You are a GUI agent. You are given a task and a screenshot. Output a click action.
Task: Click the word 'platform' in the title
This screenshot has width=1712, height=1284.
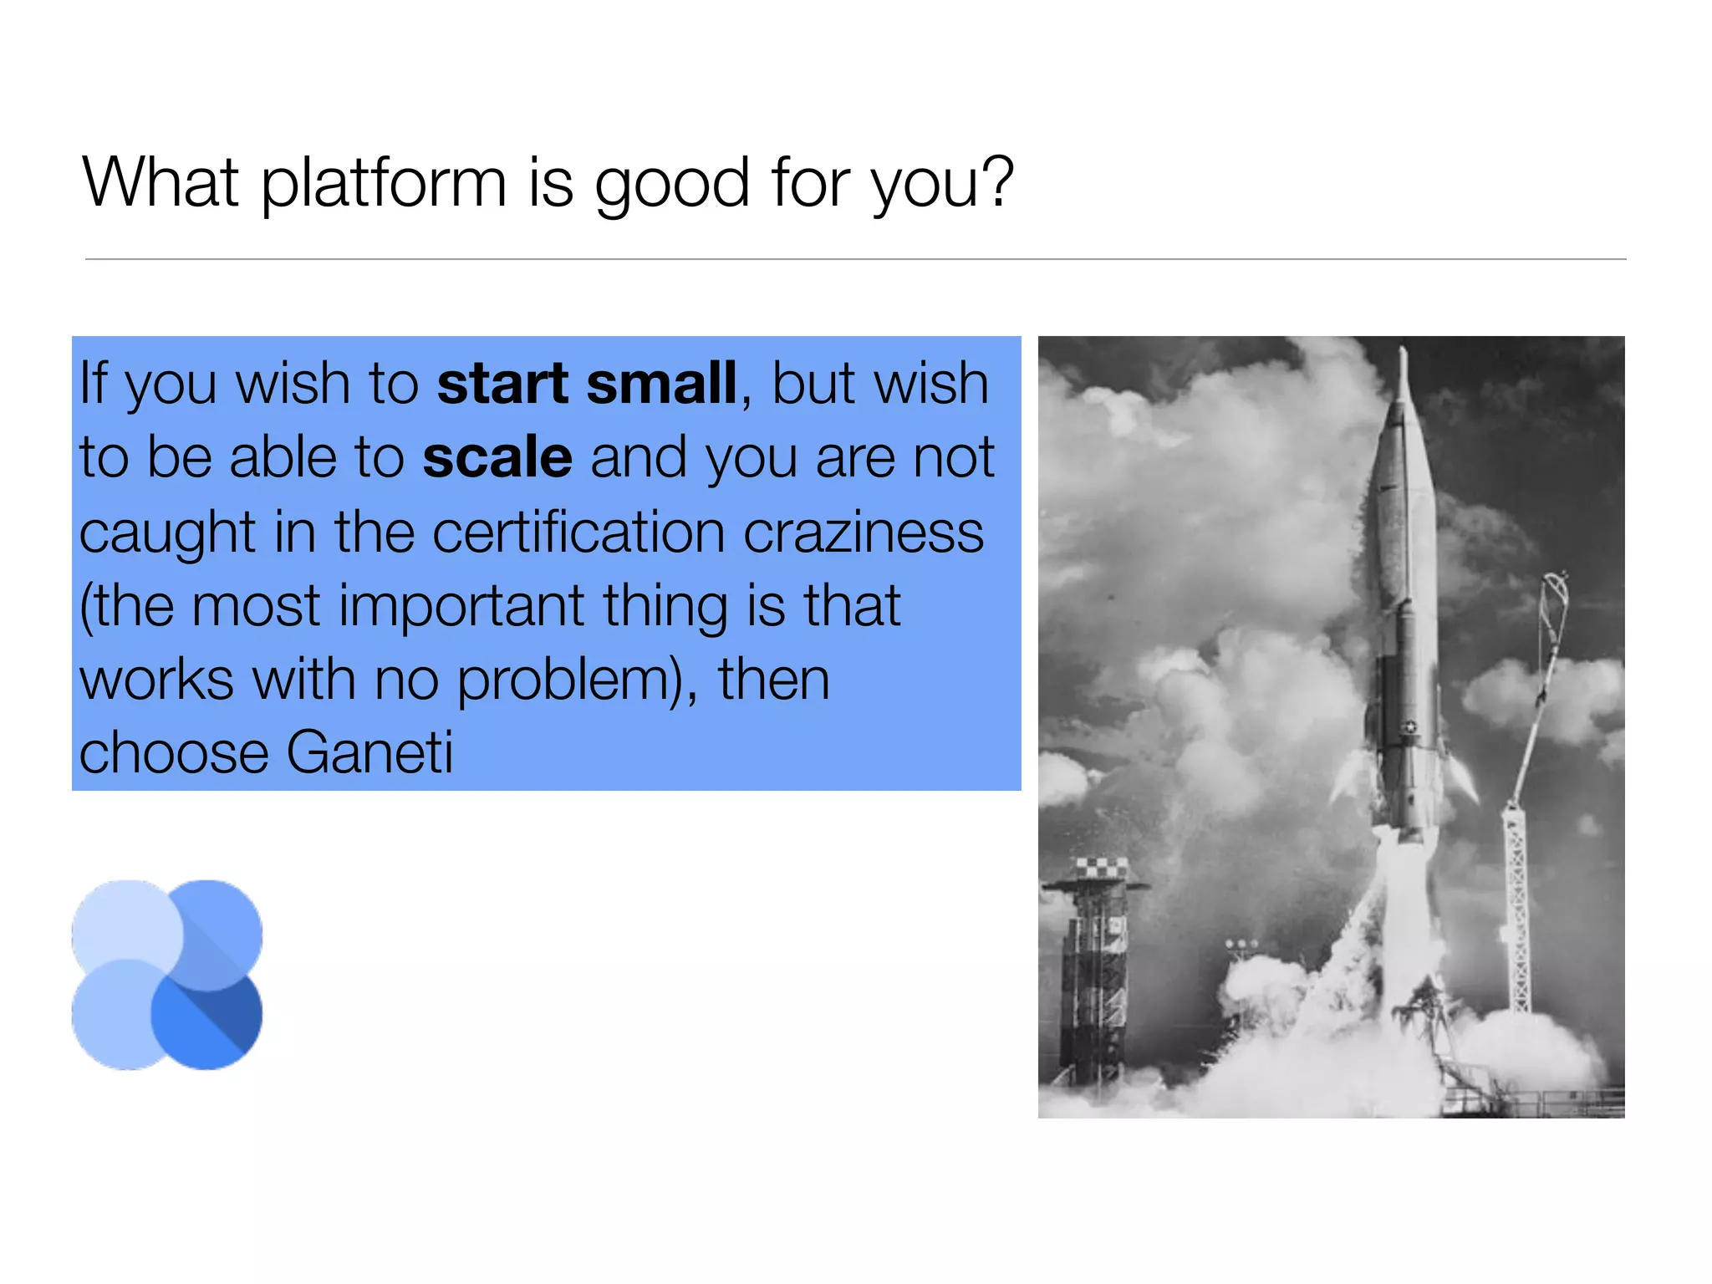tap(384, 184)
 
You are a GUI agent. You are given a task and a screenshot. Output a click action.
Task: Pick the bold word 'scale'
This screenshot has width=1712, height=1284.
tap(497, 457)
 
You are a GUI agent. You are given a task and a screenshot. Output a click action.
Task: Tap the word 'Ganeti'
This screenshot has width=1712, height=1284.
tap(369, 752)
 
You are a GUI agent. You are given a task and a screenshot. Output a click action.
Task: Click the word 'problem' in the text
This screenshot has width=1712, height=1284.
tap(565, 679)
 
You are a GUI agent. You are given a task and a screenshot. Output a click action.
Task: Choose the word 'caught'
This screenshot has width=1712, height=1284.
tap(167, 533)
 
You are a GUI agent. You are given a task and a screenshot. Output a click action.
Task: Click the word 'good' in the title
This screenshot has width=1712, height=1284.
tap(671, 184)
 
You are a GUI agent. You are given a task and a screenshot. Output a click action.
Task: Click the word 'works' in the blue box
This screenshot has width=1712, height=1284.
tap(156, 679)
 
